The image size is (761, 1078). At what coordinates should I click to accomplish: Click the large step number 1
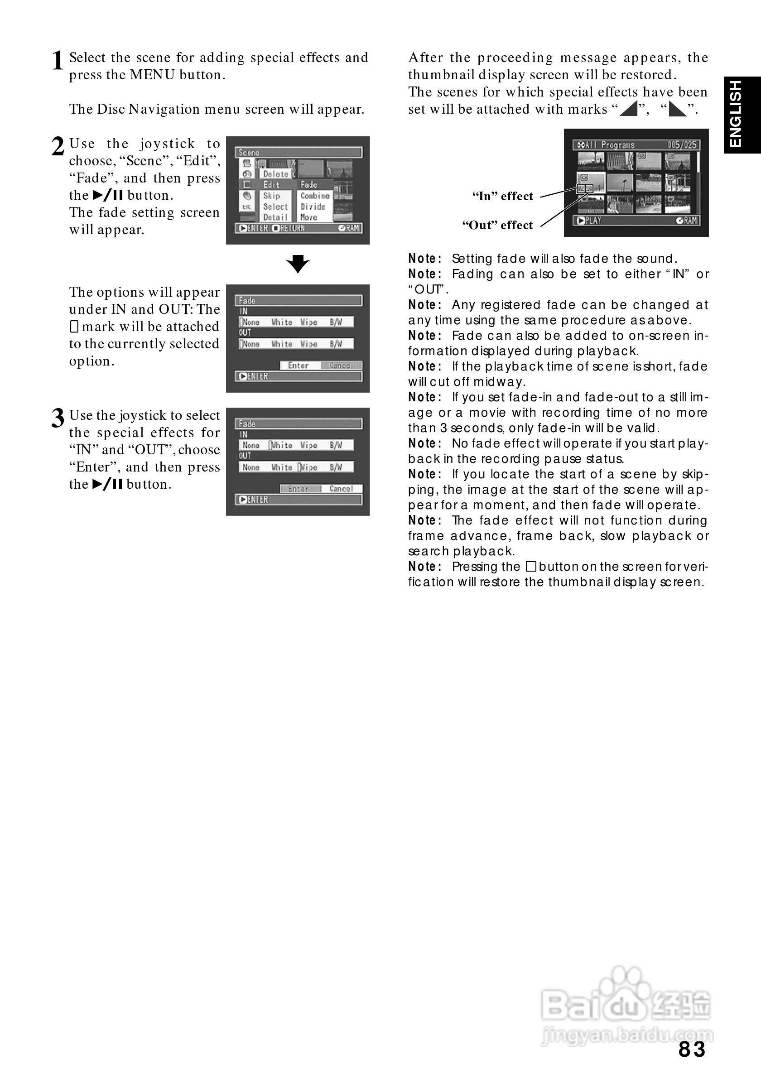coord(57,61)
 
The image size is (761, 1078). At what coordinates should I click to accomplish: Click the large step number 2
coord(57,146)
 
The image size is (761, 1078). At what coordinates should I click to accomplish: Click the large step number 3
coord(57,418)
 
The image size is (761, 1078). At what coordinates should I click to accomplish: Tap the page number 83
coord(692,1049)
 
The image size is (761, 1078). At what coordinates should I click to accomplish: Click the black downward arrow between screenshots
coord(298,264)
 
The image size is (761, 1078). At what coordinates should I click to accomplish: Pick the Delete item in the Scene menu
coord(275,174)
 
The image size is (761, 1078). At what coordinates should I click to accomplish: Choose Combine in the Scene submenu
coord(314,196)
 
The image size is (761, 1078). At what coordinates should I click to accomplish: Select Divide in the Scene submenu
coord(313,207)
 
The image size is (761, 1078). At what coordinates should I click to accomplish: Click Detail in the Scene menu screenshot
coord(275,217)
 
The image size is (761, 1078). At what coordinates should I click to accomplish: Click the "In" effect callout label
coord(502,196)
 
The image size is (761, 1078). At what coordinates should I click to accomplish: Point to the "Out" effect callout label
coord(497,226)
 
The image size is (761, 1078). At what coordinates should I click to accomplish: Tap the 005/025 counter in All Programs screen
coord(682,144)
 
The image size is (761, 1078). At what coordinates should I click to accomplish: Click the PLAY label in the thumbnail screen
coord(592,220)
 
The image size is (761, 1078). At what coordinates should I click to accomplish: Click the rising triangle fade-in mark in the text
coord(629,109)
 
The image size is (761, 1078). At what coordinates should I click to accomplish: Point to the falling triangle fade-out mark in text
coord(677,109)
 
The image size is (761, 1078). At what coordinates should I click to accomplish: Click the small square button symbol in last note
coord(530,567)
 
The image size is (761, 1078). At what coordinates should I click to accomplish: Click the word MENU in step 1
coord(152,75)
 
